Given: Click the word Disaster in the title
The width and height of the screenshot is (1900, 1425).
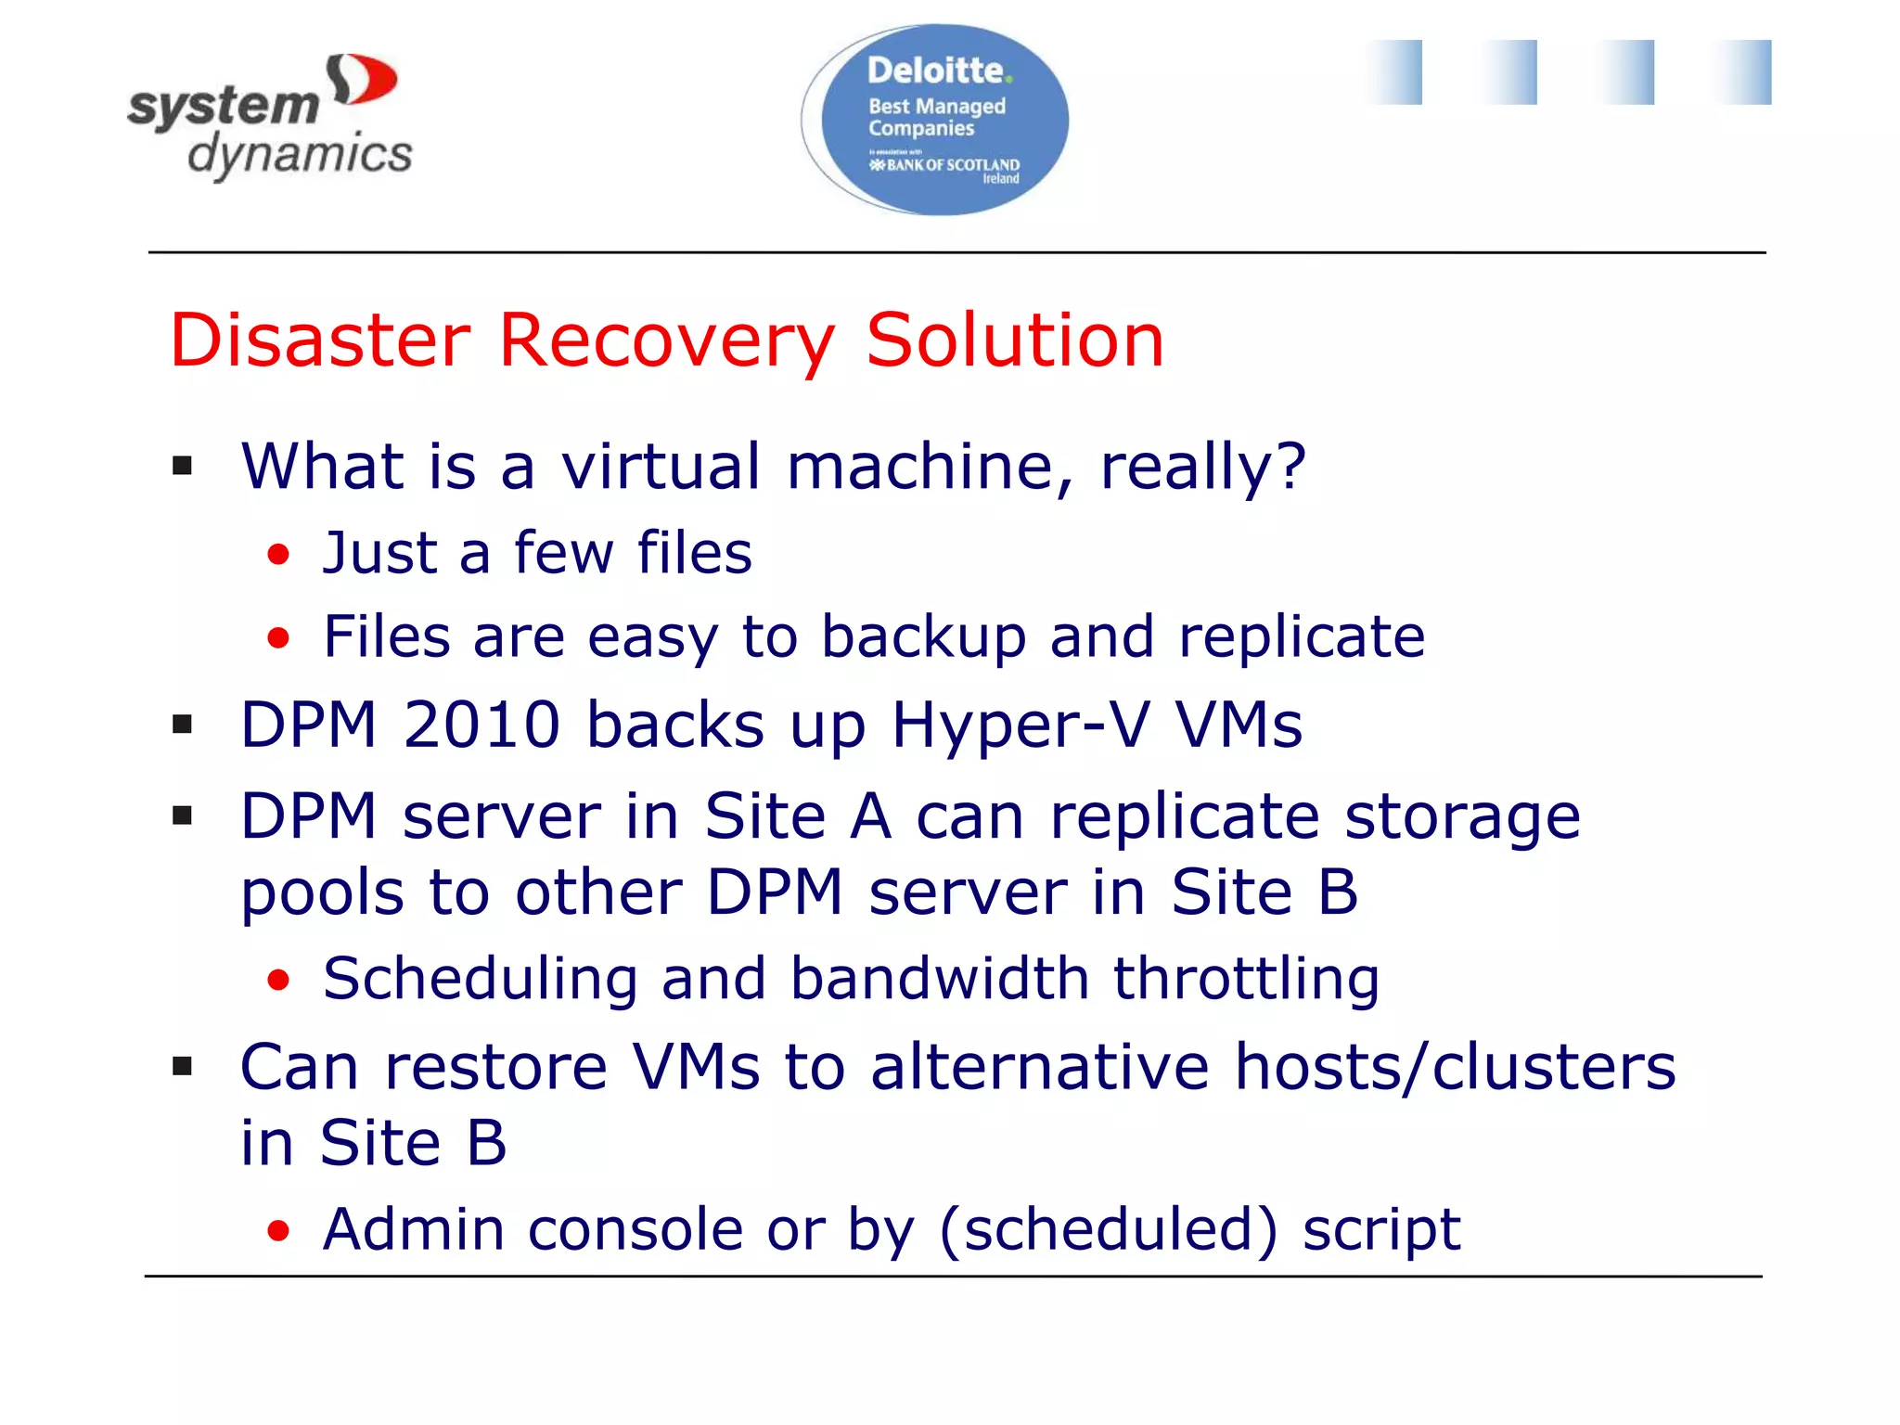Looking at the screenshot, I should (x=320, y=340).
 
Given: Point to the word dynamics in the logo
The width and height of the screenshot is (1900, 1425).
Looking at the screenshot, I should (x=300, y=154).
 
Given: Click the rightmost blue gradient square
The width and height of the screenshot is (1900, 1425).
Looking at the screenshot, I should (x=1742, y=72).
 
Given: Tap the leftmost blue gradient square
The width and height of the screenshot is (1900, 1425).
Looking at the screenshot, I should (x=1393, y=72).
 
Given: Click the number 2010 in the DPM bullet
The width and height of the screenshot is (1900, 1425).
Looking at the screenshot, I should (x=481, y=725).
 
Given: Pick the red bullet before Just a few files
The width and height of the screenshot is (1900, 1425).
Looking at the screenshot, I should (x=278, y=555).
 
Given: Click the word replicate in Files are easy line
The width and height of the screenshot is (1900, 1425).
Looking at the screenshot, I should (x=1302, y=637).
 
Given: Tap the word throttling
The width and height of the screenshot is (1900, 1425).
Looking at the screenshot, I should (x=1246, y=980).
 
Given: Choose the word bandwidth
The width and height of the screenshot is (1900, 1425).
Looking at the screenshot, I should (x=940, y=979).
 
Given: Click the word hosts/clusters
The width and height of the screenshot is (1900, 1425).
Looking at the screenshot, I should (x=1455, y=1067).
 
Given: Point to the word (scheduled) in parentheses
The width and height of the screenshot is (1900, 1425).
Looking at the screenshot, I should (x=1109, y=1230).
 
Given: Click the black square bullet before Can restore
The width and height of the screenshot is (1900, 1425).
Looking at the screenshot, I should (x=183, y=1067).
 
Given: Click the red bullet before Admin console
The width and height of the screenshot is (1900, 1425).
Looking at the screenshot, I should (x=278, y=1231).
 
